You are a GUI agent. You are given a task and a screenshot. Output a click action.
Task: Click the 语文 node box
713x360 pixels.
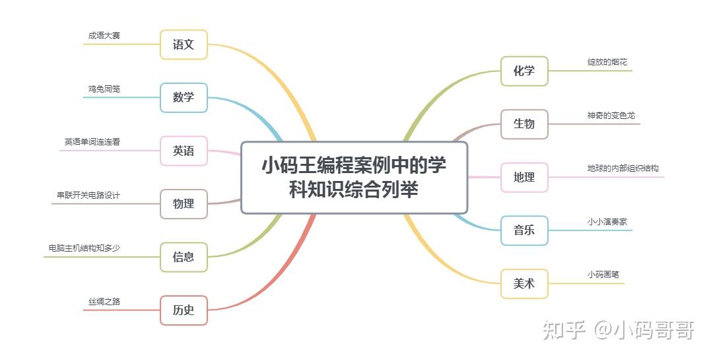coord(184,45)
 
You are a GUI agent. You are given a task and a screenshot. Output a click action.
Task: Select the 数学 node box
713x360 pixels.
coord(184,98)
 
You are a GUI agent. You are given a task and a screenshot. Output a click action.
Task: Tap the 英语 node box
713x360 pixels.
coord(184,151)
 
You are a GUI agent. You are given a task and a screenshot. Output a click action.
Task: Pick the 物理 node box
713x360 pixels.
coord(184,204)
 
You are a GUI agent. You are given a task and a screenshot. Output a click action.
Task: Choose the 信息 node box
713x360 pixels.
coord(184,258)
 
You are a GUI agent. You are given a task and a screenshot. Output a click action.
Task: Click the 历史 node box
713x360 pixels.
coord(184,310)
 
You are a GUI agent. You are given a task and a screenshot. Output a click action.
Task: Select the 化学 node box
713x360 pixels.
coord(524,71)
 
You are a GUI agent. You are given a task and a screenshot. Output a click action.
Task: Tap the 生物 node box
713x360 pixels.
coord(524,124)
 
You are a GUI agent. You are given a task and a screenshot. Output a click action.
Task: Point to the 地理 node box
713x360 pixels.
coord(524,178)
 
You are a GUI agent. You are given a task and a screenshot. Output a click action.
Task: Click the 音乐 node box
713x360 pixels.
coord(524,231)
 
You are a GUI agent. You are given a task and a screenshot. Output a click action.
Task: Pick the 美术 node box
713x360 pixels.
coord(524,284)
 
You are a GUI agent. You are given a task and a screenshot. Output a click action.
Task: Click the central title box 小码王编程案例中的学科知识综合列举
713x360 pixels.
coord(354,178)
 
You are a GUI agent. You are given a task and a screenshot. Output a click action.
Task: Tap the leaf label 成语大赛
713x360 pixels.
coord(104,36)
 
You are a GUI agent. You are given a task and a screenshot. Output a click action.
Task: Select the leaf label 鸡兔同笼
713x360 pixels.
coord(104,89)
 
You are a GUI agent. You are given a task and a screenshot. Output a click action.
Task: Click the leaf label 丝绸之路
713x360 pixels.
coord(104,301)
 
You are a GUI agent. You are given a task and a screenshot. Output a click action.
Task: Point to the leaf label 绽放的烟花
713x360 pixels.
coord(607,62)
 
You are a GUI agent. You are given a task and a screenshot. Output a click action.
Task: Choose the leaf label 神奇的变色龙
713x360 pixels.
coord(611,116)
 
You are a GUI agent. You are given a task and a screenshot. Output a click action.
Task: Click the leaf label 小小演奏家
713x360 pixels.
coord(607,222)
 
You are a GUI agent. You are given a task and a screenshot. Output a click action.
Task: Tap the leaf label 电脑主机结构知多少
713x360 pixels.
coord(84,248)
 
